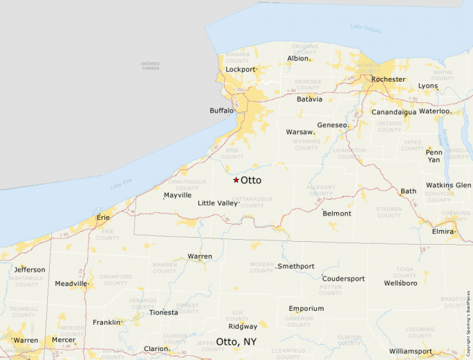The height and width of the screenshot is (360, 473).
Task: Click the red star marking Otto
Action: coord(236,180)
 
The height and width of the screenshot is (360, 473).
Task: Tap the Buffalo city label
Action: coord(222,111)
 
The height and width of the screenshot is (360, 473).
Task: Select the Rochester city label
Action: coord(388,79)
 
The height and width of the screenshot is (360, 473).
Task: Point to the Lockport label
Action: coord(240,70)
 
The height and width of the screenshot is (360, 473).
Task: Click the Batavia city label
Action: coord(309,99)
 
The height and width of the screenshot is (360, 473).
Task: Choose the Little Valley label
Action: coord(217,203)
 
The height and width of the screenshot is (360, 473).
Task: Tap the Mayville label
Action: coord(177,196)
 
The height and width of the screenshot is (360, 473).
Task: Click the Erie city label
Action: coord(103,217)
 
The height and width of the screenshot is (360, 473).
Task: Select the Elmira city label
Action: coord(442,231)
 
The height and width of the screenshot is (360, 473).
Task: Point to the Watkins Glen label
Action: coord(448,185)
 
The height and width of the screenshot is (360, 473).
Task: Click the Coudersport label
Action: coord(343,278)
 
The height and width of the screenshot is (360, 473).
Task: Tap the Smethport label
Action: coord(296,266)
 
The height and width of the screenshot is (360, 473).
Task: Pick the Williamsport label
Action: coord(410,351)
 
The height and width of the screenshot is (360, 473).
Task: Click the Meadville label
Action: coord(71,283)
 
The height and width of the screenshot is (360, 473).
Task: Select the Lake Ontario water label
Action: coord(365,28)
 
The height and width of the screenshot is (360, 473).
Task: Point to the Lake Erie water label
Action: coord(121,184)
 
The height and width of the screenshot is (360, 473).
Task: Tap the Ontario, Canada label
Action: coord(150,66)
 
